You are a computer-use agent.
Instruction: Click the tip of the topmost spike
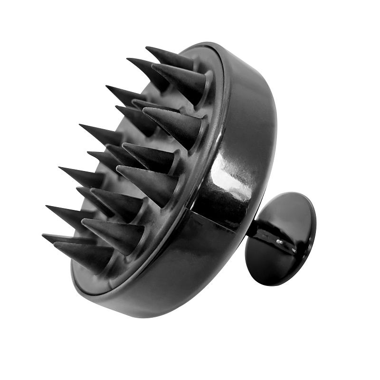click(x=146, y=48)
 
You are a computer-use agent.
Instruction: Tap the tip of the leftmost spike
click(x=43, y=236)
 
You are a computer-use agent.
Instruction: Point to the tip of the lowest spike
click(x=55, y=245)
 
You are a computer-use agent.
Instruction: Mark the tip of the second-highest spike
click(x=127, y=60)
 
